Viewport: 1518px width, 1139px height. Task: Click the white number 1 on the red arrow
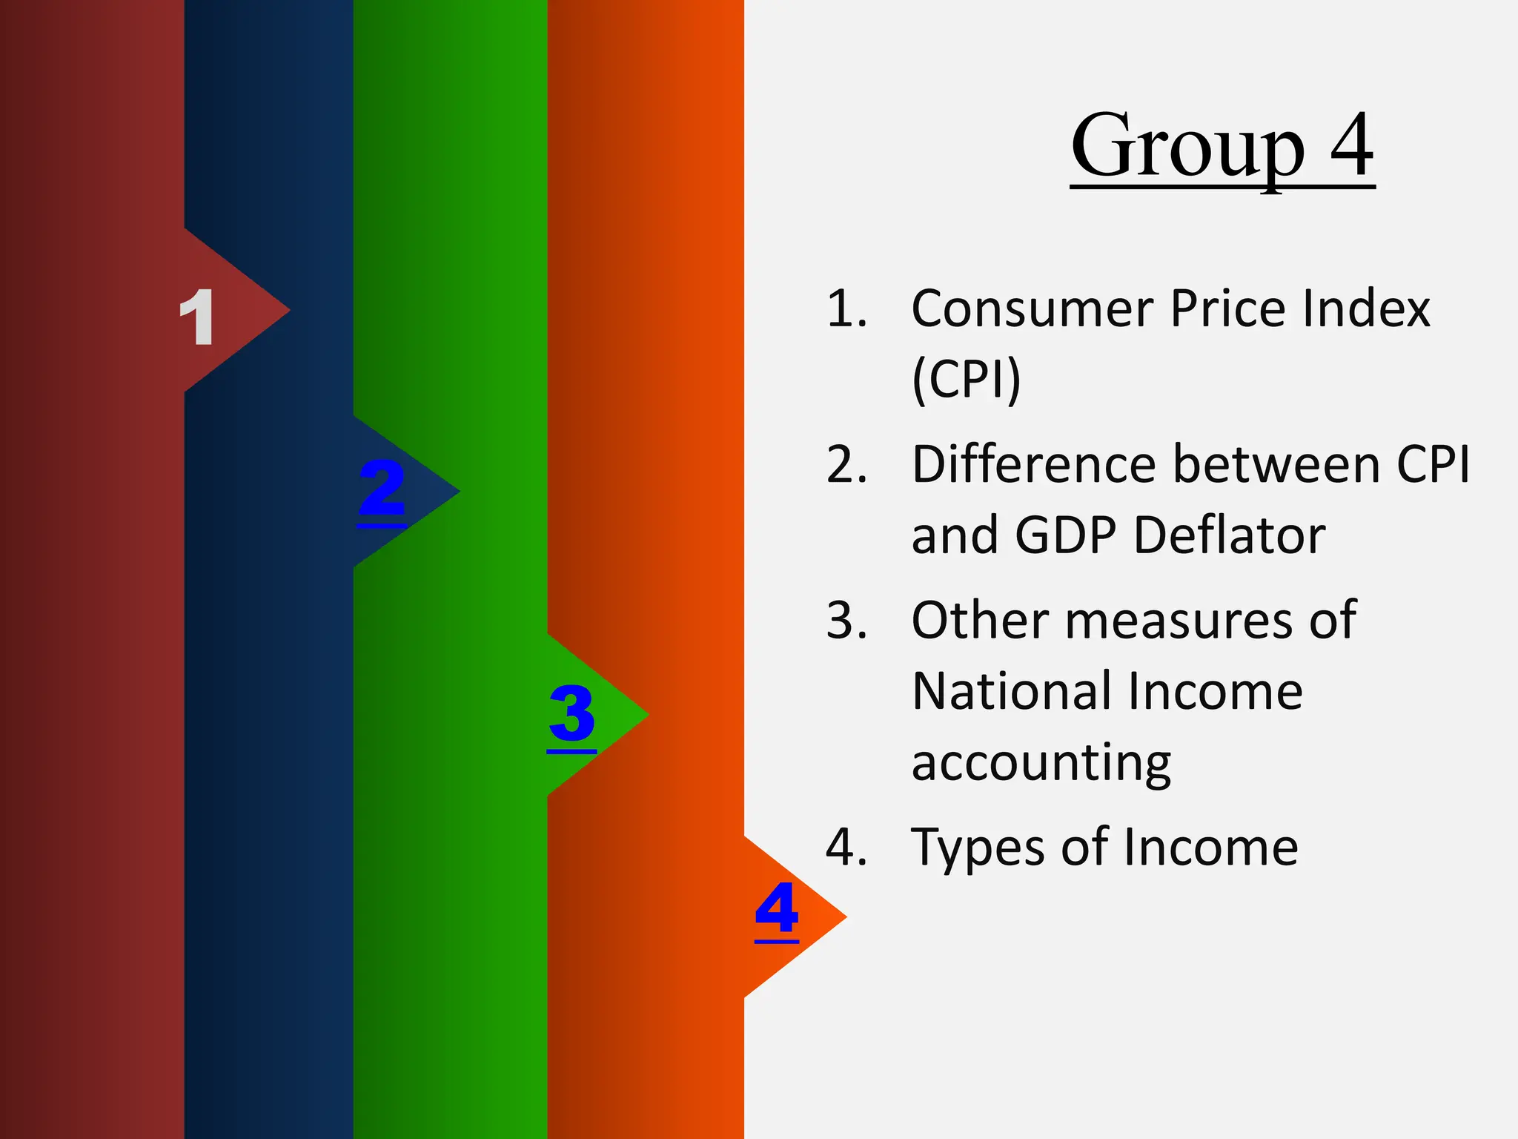pos(197,317)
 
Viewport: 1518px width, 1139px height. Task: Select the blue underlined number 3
pos(571,713)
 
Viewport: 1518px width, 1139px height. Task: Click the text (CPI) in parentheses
pos(967,380)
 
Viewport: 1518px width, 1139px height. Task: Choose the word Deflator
pos(1230,535)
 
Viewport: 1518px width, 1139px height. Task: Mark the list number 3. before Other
pos(846,620)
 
